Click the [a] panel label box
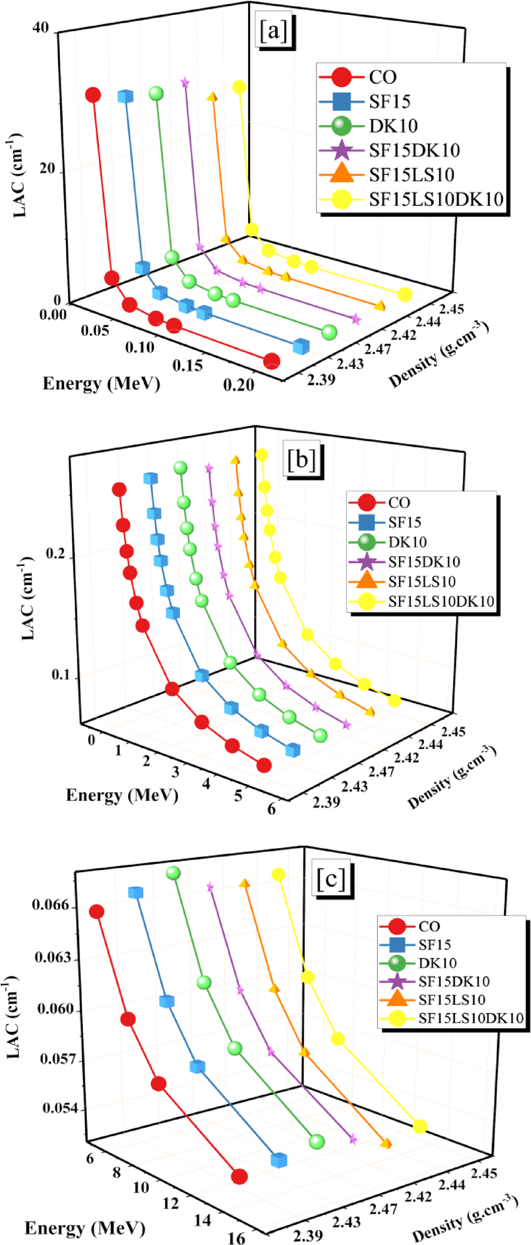point(274,31)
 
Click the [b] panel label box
point(302,458)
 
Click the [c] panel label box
point(331,878)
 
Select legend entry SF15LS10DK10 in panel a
point(436,199)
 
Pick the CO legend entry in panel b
point(399,503)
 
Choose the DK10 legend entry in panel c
point(437,963)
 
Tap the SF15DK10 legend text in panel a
point(414,150)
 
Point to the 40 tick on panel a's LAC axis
point(40,28)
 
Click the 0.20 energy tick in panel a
point(239,385)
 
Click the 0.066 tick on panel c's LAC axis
point(51,905)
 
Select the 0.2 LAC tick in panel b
point(55,554)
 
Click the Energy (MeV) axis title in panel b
point(122,795)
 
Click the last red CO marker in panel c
point(239,1177)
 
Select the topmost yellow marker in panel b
point(261,455)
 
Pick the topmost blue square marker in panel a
point(125,96)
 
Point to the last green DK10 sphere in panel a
point(329,332)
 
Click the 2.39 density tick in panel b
point(326,802)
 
